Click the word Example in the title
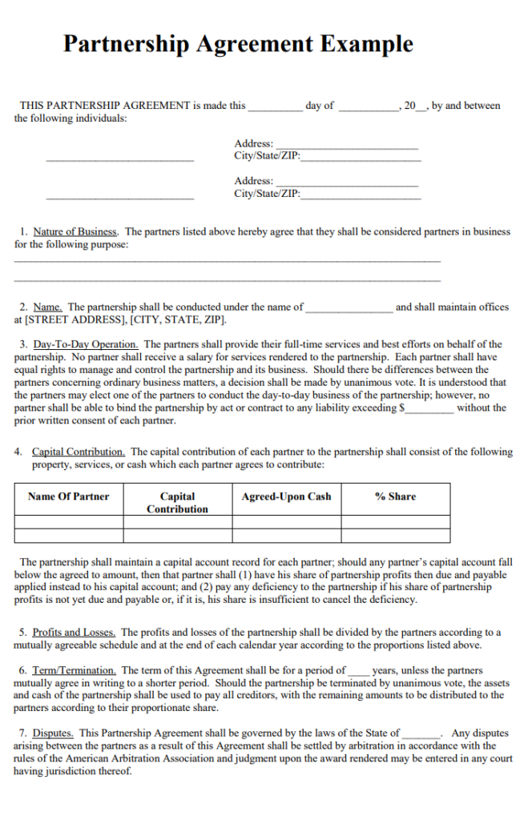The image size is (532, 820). click(367, 43)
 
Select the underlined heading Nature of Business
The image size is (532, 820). click(75, 232)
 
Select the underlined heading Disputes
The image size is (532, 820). click(54, 733)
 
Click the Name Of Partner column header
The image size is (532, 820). click(68, 496)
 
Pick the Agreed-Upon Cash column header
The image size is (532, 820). click(286, 496)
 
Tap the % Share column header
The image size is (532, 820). click(395, 496)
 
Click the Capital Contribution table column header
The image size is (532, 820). click(177, 502)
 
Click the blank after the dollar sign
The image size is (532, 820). click(430, 408)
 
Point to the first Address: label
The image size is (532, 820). click(253, 143)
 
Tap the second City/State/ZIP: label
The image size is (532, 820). click(267, 193)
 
